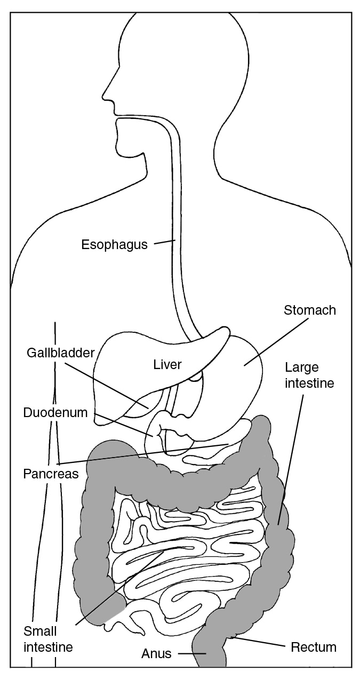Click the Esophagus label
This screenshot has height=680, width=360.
pyautogui.click(x=115, y=245)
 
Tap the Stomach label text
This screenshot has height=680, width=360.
pyautogui.click(x=310, y=310)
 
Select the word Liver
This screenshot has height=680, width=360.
pyautogui.click(x=167, y=364)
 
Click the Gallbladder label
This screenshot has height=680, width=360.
pyautogui.click(x=61, y=353)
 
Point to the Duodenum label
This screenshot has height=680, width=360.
pyautogui.click(x=55, y=413)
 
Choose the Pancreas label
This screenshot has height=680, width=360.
pyautogui.click(x=51, y=474)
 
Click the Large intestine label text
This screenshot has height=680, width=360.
pyautogui.click(x=309, y=375)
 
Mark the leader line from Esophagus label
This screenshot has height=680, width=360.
pyautogui.click(x=165, y=242)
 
